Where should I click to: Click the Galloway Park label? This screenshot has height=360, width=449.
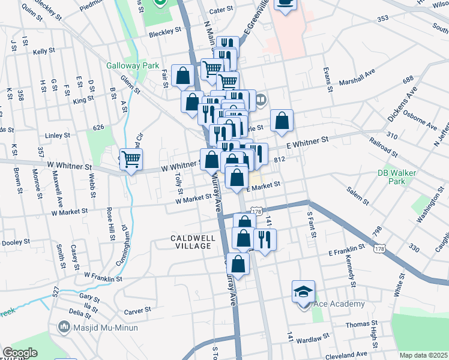tap(128, 65)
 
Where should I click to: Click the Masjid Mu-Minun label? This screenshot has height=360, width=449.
tap(106, 328)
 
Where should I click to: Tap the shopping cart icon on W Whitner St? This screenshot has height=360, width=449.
tap(131, 160)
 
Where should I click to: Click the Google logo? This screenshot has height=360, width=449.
tap(19, 353)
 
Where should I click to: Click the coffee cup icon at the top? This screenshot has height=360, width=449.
tap(286, 2)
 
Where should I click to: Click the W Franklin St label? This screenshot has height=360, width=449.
tap(103, 277)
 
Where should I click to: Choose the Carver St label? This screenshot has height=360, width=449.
tap(137, 312)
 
